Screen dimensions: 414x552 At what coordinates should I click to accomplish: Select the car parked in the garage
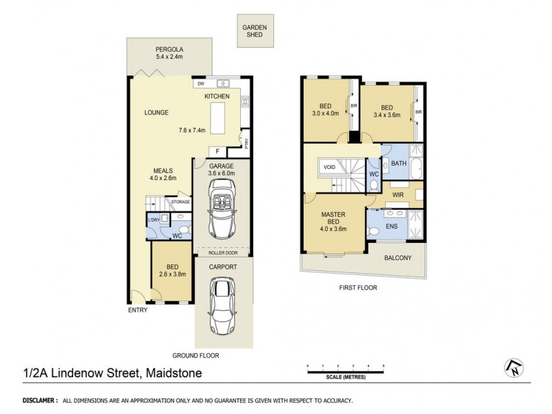[222, 215]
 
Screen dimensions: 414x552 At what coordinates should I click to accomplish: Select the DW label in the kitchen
[201, 83]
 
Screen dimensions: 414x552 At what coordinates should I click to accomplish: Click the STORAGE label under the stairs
[181, 202]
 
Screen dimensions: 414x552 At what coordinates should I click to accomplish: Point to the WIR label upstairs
[399, 196]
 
